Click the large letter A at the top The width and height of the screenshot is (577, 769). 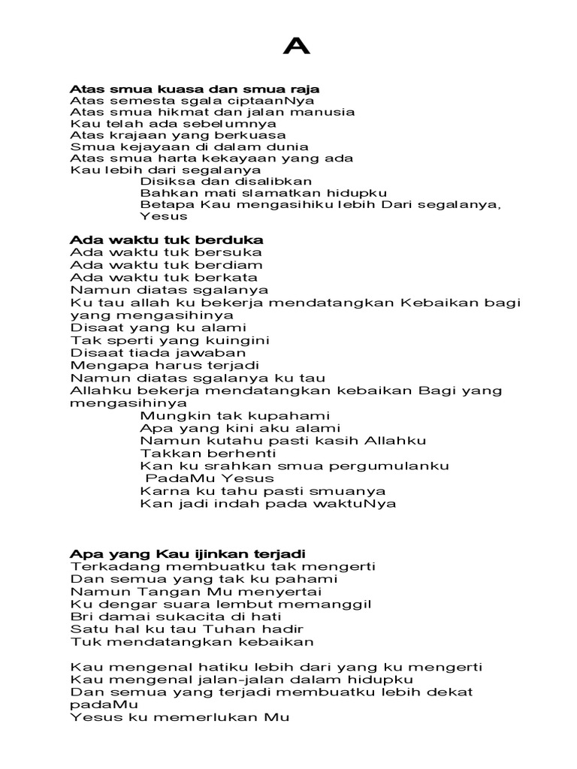(297, 47)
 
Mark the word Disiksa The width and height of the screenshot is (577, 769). (166, 181)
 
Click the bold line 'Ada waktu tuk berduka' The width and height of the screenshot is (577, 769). (166, 240)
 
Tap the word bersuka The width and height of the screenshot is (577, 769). (228, 252)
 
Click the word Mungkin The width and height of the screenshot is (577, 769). (170, 415)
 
